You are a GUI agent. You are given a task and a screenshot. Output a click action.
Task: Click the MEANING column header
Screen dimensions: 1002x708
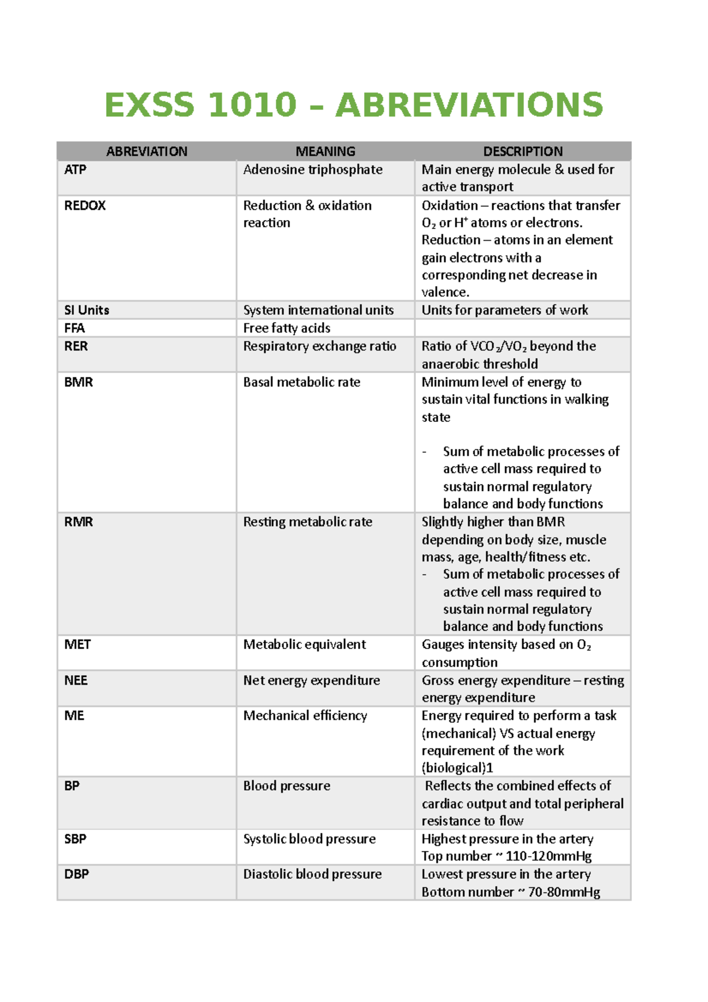[x=325, y=152]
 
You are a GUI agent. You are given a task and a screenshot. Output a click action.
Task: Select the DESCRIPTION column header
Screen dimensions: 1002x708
[x=523, y=152]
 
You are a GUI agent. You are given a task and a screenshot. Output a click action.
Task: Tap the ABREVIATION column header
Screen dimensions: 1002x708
[x=147, y=152]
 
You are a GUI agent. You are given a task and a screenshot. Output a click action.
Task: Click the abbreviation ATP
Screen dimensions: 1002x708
[x=76, y=170]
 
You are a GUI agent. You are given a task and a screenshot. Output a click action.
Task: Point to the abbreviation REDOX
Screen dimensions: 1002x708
[x=85, y=206]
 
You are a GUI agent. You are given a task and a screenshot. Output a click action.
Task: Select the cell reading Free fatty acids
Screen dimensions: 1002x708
[x=287, y=328]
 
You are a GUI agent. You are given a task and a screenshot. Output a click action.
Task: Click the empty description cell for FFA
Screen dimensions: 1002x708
[x=523, y=328]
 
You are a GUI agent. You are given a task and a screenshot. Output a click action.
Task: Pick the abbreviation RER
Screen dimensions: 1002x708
[x=76, y=346]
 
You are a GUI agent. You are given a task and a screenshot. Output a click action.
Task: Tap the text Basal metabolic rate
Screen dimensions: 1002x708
[x=301, y=382]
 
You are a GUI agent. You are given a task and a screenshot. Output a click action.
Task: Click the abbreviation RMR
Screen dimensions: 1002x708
[x=78, y=522]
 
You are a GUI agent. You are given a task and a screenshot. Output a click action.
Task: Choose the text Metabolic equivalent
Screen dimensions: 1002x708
[x=304, y=644]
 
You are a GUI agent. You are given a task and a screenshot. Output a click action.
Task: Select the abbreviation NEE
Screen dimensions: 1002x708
[x=76, y=680]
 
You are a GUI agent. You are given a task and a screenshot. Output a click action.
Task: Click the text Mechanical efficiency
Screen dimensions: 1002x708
[x=305, y=716]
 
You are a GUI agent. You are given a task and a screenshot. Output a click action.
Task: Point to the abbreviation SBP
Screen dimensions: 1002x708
[x=76, y=839]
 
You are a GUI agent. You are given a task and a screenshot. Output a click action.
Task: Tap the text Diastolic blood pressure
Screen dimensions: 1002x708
[x=312, y=875]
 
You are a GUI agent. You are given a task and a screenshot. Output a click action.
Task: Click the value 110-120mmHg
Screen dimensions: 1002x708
[x=549, y=856]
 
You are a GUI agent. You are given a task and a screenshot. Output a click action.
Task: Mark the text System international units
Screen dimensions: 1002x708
[x=318, y=310]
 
